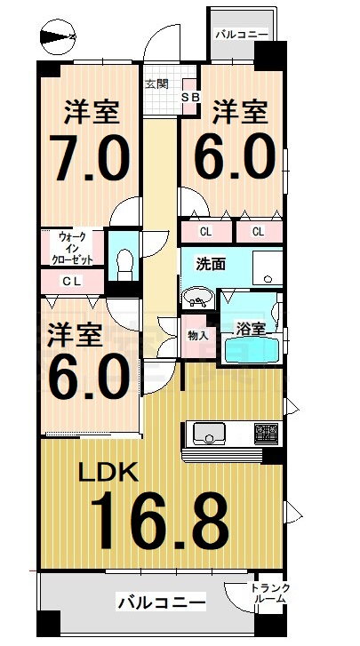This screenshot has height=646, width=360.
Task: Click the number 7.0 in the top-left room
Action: [x=90, y=157]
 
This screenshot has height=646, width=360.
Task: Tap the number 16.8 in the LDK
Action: [x=159, y=521]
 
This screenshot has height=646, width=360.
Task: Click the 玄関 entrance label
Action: [x=156, y=84]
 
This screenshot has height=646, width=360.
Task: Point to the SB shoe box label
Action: [x=191, y=98]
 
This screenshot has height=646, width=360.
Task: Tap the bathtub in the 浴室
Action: [x=250, y=349]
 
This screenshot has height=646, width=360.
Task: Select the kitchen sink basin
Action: [x=209, y=434]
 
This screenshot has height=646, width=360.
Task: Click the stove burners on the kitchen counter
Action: [x=266, y=433]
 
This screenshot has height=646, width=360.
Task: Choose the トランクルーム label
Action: [x=270, y=594]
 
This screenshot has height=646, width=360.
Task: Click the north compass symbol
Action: [x=58, y=37]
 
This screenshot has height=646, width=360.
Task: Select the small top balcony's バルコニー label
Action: [x=242, y=35]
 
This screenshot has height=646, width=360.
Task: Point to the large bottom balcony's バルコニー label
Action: [x=161, y=604]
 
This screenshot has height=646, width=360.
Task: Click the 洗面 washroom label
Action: [x=210, y=264]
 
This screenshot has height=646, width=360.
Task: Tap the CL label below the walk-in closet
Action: [x=73, y=282]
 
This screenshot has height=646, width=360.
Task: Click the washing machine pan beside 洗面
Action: [x=268, y=268]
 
